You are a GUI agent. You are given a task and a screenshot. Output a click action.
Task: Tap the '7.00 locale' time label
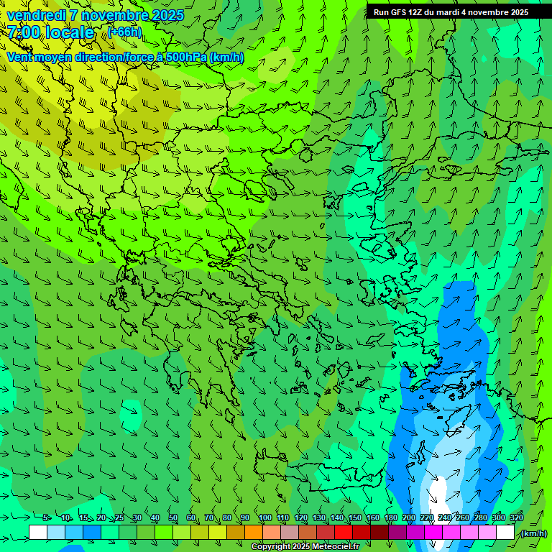pyautogui.click(x=50, y=32)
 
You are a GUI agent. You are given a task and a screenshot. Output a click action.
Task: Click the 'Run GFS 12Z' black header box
pyautogui.click(x=451, y=12)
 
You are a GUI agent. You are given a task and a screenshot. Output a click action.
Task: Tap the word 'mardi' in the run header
pyautogui.click(x=448, y=12)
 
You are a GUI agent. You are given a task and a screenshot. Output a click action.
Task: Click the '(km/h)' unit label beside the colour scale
pyautogui.click(x=533, y=533)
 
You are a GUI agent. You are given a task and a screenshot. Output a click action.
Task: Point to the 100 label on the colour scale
pyautogui.click(x=264, y=517)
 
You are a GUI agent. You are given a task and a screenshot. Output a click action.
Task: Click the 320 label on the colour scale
pyautogui.click(x=516, y=517)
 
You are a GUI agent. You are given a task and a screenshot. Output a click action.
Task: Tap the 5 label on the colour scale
pyautogui.click(x=46, y=517)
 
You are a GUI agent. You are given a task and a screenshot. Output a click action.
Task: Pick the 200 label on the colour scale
pyautogui.click(x=408, y=517)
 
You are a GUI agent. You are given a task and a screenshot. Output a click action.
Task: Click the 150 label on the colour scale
pyautogui.click(x=354, y=517)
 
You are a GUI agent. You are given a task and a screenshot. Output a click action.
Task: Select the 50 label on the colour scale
pyautogui.click(x=173, y=517)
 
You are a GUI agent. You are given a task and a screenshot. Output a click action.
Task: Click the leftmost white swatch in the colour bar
pyautogui.click(x=38, y=533)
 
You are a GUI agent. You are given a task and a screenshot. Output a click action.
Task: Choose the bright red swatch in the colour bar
pyautogui.click(x=344, y=533)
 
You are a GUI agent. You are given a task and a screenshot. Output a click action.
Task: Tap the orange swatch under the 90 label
pyautogui.click(x=254, y=533)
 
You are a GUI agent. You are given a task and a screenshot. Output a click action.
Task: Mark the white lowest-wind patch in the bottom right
pyautogui.click(x=437, y=494)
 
